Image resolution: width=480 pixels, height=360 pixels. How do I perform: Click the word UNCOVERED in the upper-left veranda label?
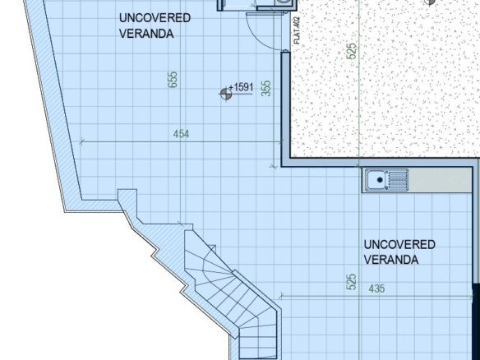coord(155,18)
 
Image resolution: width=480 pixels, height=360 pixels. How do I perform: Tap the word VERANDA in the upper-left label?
coord(146,34)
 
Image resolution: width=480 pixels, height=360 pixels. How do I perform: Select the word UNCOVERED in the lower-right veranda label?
coord(399,245)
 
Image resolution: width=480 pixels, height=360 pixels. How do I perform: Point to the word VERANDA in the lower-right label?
coord(391,260)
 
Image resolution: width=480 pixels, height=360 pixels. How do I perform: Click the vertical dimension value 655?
coord(173,80)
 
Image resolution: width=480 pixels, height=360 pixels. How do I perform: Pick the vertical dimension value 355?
coord(266,88)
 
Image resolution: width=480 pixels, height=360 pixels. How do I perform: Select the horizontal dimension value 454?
coord(181,134)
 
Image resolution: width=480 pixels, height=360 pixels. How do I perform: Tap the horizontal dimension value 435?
coord(376,288)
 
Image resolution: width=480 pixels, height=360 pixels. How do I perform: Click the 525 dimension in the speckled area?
coord(352,51)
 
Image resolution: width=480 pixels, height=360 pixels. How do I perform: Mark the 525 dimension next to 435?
coord(352,282)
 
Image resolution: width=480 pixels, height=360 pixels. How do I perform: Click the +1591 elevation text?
coord(241,88)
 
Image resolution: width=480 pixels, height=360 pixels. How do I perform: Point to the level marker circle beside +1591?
coord(226,94)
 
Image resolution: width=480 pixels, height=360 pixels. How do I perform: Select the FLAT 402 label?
coord(297,30)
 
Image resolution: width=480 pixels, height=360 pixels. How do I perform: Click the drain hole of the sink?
coord(380,180)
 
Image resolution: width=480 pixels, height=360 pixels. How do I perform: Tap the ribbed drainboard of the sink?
coord(397,180)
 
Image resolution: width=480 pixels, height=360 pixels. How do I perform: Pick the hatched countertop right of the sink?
coord(440,180)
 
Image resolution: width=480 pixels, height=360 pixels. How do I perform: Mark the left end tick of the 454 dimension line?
coord(81,141)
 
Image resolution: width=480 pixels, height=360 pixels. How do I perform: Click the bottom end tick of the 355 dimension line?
coord(274,167)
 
